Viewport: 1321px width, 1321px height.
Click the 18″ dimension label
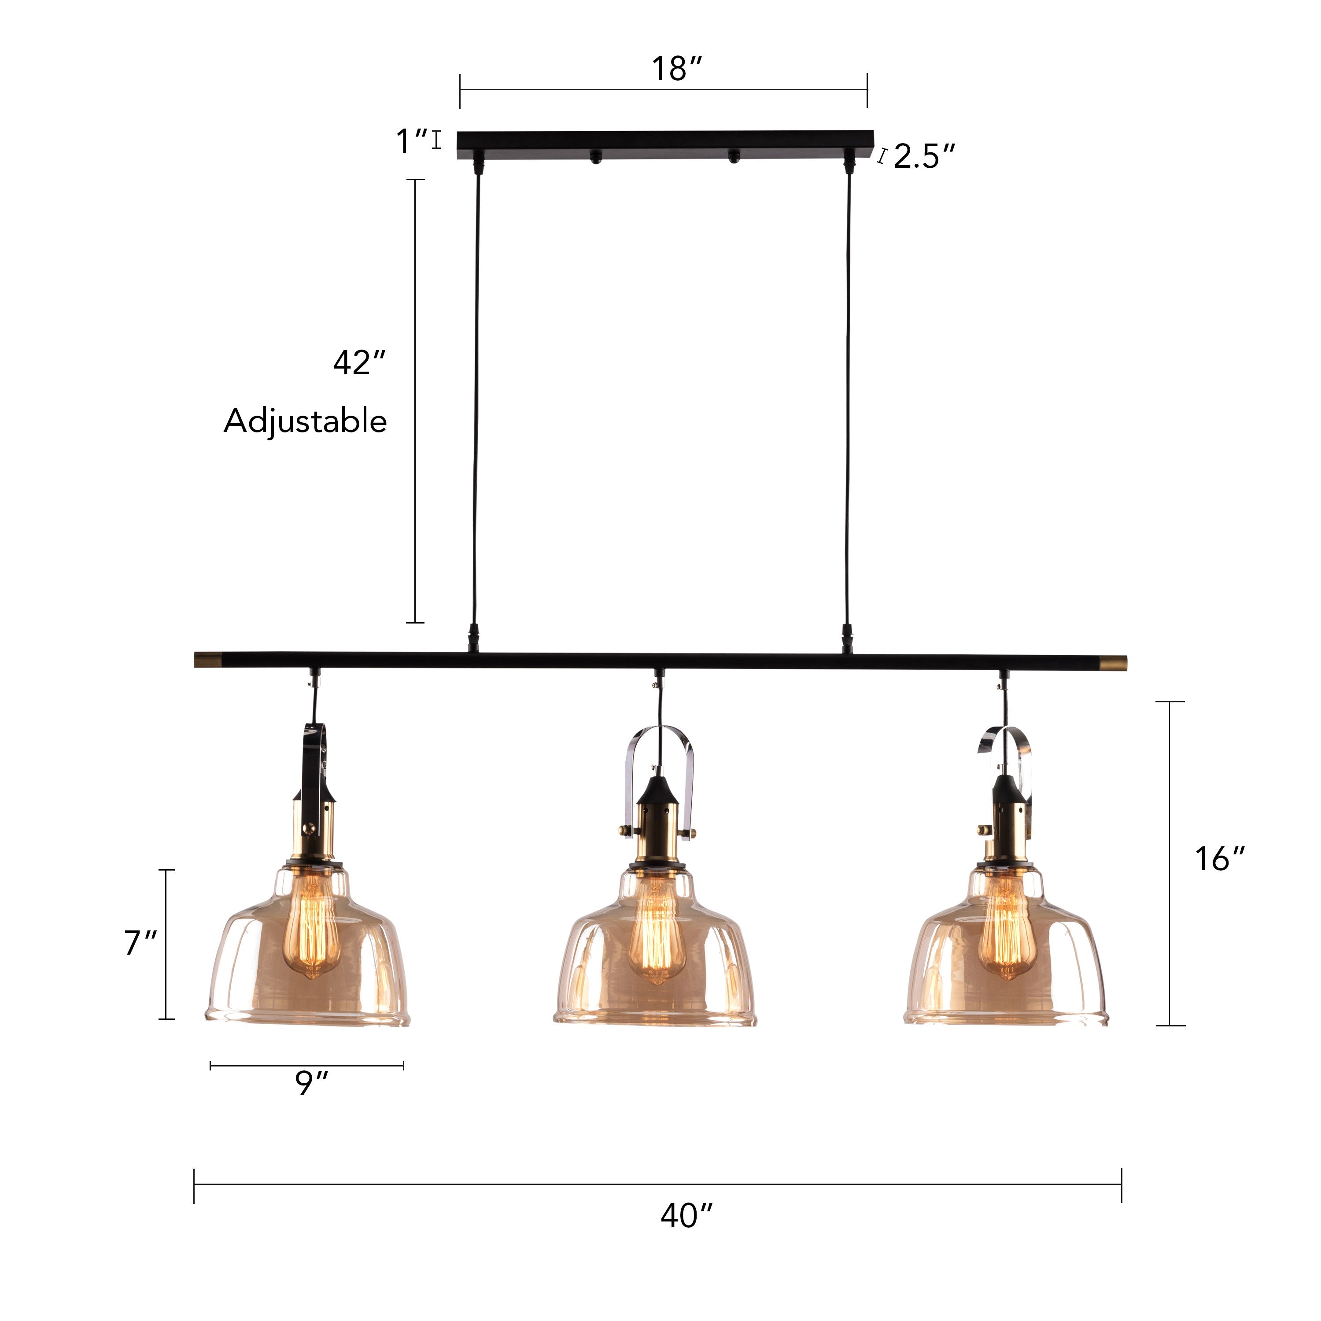(x=676, y=69)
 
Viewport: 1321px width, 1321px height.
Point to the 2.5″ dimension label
(x=923, y=157)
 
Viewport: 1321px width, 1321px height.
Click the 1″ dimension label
(x=412, y=141)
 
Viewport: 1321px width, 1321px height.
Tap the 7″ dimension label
(x=141, y=943)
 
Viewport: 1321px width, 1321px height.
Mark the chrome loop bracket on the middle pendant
(x=660, y=745)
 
